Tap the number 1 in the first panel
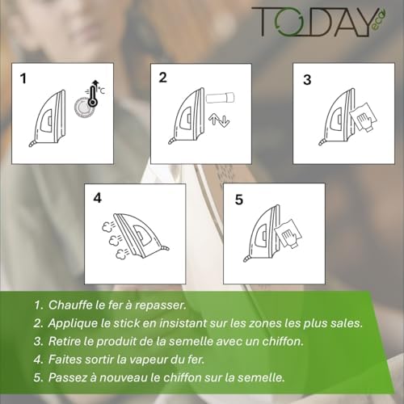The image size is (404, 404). pyautogui.click(x=24, y=79)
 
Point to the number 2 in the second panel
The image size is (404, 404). pyautogui.click(x=163, y=78)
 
